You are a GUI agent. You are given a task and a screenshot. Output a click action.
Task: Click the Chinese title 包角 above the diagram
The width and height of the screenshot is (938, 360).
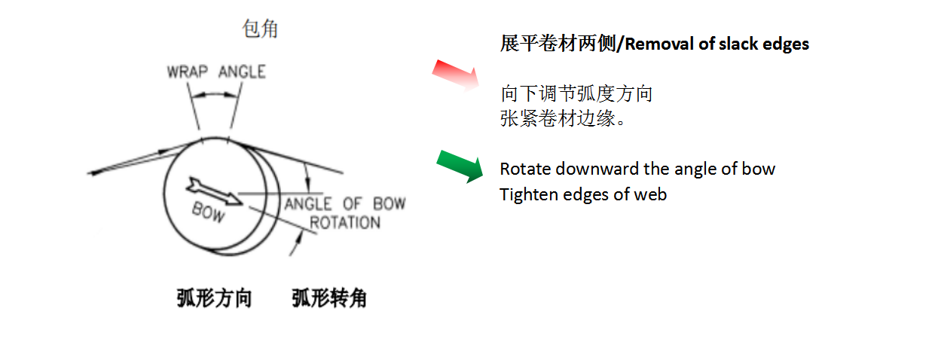(x=260, y=29)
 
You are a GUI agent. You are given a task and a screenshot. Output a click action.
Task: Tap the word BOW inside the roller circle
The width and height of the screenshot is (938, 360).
(x=208, y=212)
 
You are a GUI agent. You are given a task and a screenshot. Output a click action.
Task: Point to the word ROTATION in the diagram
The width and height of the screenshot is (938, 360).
(x=345, y=222)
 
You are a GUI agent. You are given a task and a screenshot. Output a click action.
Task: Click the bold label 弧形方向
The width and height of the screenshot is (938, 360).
(x=214, y=299)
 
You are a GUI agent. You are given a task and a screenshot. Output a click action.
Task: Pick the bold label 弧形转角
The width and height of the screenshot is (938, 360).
(x=329, y=299)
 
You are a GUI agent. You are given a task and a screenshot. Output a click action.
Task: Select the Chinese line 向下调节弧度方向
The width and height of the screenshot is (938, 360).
(x=576, y=95)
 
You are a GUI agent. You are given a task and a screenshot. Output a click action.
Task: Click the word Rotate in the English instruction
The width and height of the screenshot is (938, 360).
(x=524, y=169)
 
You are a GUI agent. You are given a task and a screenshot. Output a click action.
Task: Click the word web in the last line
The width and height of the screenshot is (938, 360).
(x=652, y=194)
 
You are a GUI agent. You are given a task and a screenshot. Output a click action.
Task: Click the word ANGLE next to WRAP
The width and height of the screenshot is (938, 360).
(x=242, y=72)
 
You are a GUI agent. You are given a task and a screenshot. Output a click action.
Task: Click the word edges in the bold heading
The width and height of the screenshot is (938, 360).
(x=787, y=44)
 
